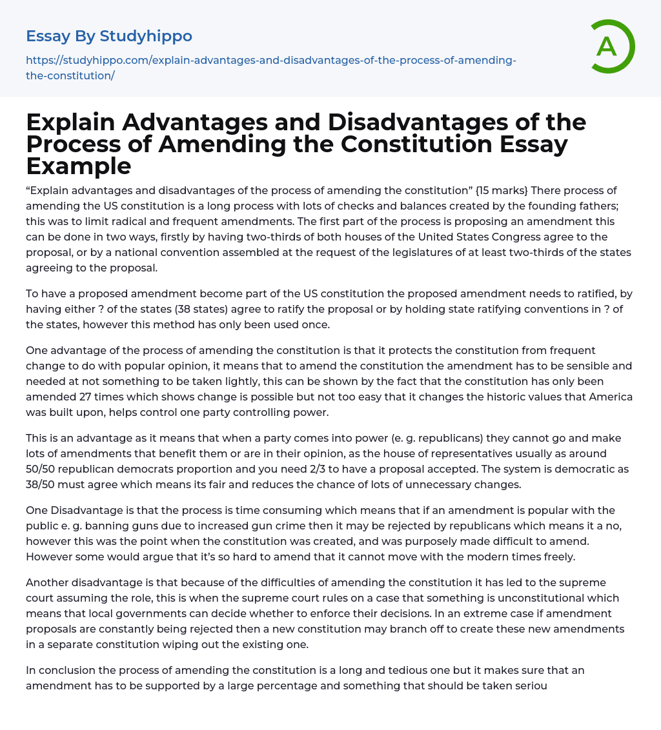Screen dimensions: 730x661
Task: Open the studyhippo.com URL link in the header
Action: pos(270,68)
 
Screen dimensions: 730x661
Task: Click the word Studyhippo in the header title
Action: pos(146,36)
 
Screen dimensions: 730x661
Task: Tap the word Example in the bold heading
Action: pos(79,166)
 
